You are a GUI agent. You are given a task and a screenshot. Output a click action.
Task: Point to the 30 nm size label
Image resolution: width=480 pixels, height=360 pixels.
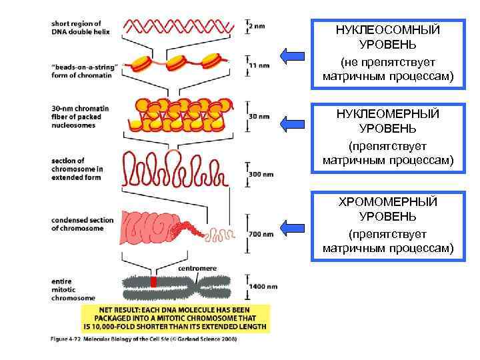[259, 116]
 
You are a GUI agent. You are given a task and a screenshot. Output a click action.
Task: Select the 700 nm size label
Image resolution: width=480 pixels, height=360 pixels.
[261, 234]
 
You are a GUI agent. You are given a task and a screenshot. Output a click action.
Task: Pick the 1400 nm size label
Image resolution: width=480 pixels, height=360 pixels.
[263, 286]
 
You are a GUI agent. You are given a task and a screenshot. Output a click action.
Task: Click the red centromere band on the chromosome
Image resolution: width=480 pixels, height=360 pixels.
[154, 282]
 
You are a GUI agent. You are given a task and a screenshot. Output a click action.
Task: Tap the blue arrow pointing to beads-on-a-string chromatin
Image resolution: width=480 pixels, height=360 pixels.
[292, 55]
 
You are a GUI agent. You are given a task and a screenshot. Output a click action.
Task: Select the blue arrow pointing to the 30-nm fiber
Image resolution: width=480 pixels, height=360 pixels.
[292, 123]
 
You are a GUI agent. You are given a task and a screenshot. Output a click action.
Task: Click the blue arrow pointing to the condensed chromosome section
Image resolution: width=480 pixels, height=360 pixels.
[292, 228]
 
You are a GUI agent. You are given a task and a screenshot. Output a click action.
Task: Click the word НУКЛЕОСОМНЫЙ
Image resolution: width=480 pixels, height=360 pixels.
[387, 30]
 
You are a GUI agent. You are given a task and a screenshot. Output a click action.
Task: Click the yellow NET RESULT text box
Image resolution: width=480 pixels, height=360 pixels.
[175, 318]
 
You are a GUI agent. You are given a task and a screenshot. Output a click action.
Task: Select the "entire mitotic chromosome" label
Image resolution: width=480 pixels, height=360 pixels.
[73, 290]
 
